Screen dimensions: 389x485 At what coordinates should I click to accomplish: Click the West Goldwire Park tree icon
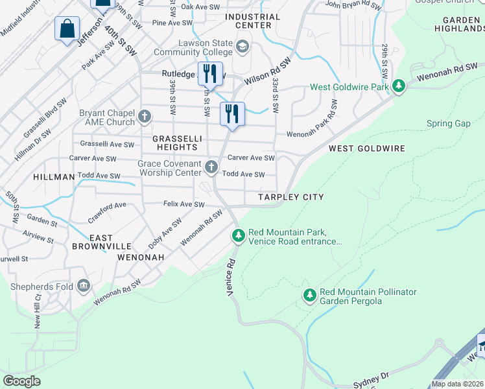coord(400,86)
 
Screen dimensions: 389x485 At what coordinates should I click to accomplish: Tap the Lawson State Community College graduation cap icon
coord(242,46)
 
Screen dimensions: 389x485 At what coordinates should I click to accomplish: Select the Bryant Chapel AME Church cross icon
coord(145,118)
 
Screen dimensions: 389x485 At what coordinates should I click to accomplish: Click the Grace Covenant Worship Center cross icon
coord(211,168)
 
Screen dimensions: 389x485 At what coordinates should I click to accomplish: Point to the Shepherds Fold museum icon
coord(84,286)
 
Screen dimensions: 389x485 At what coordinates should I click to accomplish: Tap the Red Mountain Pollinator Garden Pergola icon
coord(309,296)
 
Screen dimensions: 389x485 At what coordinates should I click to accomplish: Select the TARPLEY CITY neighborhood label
coord(290,197)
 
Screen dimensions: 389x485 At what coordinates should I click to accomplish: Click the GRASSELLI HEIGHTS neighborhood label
coord(177,143)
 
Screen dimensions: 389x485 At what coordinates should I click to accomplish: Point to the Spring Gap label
coord(448,124)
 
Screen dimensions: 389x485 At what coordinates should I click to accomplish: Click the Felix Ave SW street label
coord(183,205)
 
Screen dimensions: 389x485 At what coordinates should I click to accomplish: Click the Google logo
coord(21,381)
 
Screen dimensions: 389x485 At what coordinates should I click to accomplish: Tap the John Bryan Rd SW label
coord(353,5)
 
